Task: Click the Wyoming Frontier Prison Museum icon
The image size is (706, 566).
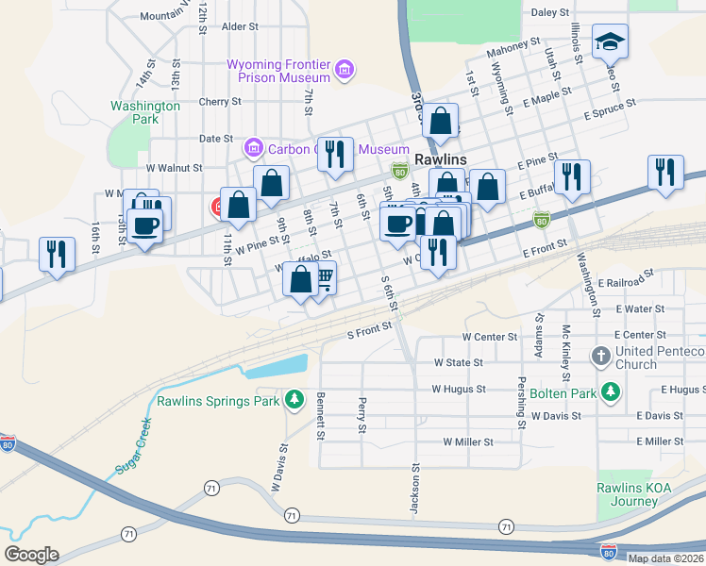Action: pyautogui.click(x=345, y=69)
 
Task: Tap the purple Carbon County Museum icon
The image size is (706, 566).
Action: pyautogui.click(x=252, y=148)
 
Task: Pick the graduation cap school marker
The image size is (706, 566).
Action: pyautogui.click(x=610, y=42)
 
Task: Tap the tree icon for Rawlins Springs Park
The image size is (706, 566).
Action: pyautogui.click(x=294, y=401)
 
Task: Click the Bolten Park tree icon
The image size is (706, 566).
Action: pyautogui.click(x=612, y=391)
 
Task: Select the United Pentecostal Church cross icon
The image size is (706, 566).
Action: pyautogui.click(x=600, y=357)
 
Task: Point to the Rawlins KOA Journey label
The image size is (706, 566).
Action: pyautogui.click(x=633, y=494)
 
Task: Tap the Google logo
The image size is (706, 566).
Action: pyautogui.click(x=31, y=554)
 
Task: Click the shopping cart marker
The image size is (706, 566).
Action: pyautogui.click(x=322, y=277)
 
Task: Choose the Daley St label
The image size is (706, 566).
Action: pyautogui.click(x=550, y=13)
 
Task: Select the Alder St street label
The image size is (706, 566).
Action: pyautogui.click(x=240, y=27)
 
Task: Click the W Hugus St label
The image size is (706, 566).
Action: pyautogui.click(x=458, y=389)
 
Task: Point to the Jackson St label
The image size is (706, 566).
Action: pyautogui.click(x=414, y=489)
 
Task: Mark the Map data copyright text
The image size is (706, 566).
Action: pyautogui.click(x=666, y=558)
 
